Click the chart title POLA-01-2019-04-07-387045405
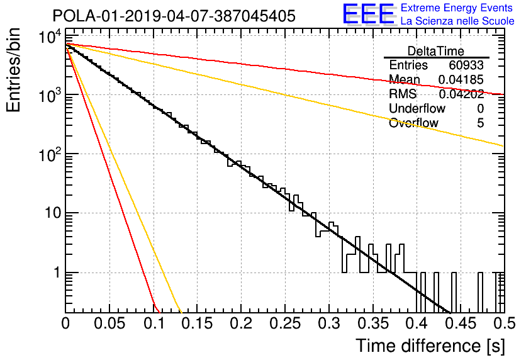point(174,16)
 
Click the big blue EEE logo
point(369,14)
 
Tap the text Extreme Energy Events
point(457,8)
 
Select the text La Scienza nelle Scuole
point(457,21)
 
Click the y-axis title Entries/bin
point(14,70)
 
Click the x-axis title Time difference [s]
point(430,346)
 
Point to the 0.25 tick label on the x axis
point(285,323)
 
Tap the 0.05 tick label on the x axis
point(109,323)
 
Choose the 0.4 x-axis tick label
point(417,323)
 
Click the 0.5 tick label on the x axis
point(505,323)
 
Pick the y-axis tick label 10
point(53,213)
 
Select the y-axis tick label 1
point(57,272)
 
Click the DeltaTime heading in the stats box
point(436,51)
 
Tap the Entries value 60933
point(466,65)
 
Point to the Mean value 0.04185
point(461,79)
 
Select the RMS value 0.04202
point(461,94)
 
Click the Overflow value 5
point(480,123)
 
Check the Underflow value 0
point(480,108)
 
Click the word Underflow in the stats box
point(417,108)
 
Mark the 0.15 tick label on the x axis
point(198,323)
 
